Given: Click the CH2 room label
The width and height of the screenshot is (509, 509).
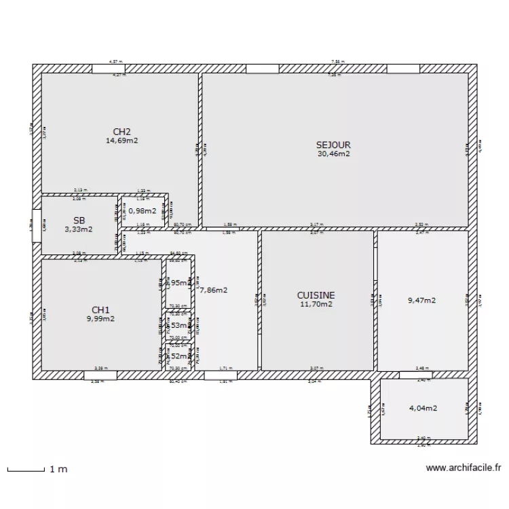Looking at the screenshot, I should click(121, 132).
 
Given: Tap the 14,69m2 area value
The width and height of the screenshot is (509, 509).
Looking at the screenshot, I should click(121, 141).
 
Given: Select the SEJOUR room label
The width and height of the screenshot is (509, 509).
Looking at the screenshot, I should click(333, 145).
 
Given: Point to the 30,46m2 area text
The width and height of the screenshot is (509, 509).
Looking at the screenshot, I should click(333, 154).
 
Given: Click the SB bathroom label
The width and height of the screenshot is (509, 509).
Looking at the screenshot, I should click(79, 221).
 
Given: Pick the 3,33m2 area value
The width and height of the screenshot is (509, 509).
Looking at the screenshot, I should click(79, 229).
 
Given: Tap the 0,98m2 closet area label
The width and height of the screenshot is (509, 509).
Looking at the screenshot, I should click(142, 211).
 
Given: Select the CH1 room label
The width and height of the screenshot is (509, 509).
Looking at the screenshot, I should click(100, 309).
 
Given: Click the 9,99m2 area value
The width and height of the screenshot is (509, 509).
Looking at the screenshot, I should click(100, 318).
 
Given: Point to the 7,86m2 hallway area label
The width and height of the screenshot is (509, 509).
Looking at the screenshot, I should click(213, 290).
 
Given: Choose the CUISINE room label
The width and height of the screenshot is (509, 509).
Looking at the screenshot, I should click(316, 295).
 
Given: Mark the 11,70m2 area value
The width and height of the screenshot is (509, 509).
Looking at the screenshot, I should click(316, 305).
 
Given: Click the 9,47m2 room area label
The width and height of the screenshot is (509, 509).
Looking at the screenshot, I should click(421, 300).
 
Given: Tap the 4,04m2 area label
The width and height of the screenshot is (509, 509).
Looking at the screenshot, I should click(423, 409).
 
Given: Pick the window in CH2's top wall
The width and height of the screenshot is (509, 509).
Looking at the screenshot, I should click(109, 69).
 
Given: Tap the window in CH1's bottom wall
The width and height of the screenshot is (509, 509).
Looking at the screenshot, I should click(100, 375).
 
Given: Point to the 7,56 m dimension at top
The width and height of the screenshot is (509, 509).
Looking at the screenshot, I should click(337, 62).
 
